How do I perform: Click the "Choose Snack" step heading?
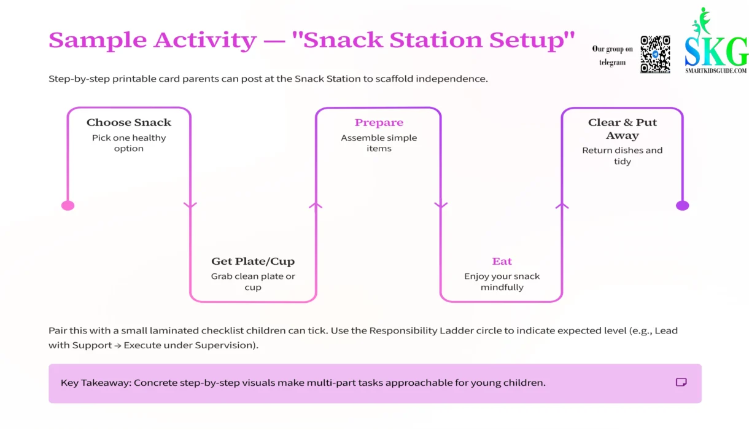tap(129, 122)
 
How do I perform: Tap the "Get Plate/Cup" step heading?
tap(253, 261)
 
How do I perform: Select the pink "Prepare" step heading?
tap(379, 122)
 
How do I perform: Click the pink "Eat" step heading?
tap(502, 261)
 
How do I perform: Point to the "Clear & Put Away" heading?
tap(622, 128)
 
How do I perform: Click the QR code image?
tap(655, 54)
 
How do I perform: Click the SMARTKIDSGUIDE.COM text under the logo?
tap(716, 71)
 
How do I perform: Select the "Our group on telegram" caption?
tap(612, 55)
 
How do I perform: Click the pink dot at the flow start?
tap(68, 205)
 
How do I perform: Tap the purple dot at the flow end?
tap(682, 205)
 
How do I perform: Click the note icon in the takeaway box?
tap(681, 382)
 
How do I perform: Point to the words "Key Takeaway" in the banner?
tap(95, 383)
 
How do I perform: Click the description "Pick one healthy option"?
tap(129, 143)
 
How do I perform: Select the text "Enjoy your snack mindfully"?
tap(502, 281)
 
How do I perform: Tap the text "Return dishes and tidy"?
tap(622, 155)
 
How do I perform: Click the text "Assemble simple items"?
tap(379, 143)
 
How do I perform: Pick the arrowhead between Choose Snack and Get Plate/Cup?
tap(190, 205)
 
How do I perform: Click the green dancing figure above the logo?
tap(700, 21)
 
